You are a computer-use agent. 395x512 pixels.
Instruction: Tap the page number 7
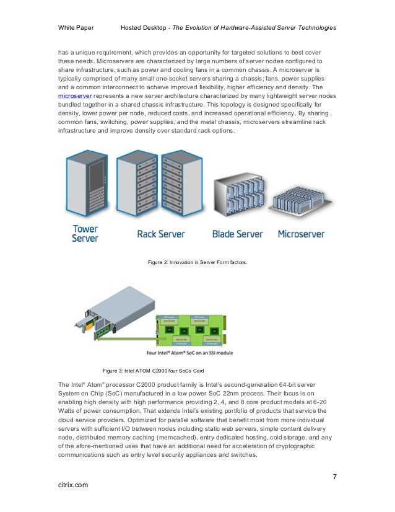click(334, 477)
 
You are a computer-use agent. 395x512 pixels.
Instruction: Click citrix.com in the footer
click(72, 485)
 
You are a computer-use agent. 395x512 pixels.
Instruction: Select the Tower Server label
click(85, 233)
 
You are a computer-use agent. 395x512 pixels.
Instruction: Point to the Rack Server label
click(162, 234)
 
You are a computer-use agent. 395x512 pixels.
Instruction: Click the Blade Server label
click(238, 234)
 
